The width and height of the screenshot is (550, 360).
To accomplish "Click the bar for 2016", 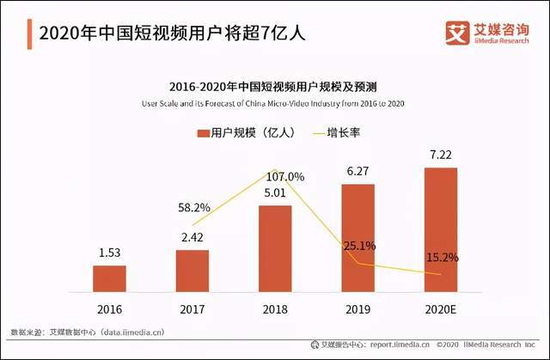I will (109, 278).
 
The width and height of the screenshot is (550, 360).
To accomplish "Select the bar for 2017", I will (192, 271).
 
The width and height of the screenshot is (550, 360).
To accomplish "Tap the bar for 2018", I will (275, 248).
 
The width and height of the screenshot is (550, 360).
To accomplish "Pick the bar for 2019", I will (357, 238).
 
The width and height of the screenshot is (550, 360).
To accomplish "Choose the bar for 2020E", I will (440, 229).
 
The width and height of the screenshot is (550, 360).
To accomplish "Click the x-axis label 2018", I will (275, 308).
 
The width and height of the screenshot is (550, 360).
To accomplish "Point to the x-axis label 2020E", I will (440, 308).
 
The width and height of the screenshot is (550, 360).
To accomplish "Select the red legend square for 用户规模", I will (203, 133).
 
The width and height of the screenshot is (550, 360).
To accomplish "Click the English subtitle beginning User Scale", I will (275, 104).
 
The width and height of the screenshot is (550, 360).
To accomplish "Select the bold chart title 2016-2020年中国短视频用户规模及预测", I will (275, 88).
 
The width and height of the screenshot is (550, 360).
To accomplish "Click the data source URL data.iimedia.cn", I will (126, 331).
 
